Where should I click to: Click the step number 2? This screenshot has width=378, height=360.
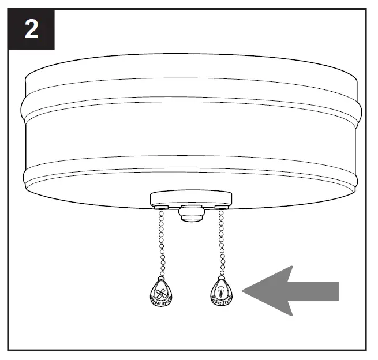31,29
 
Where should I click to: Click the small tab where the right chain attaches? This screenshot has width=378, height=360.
220,206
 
